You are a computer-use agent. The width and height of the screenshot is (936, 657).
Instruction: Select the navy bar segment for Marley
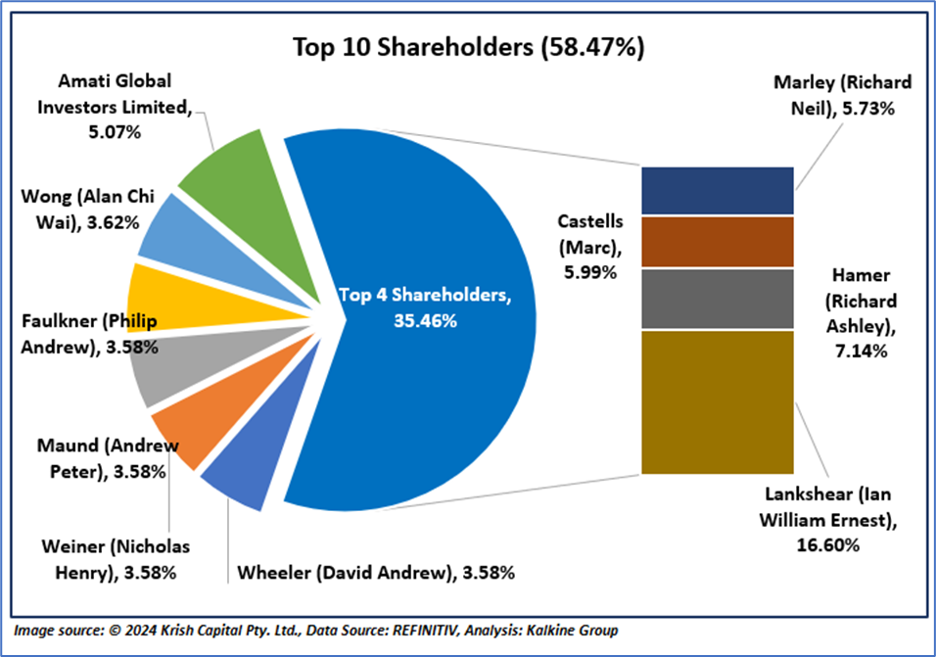[717, 191]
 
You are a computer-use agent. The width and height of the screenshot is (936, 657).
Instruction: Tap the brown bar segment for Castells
[717, 242]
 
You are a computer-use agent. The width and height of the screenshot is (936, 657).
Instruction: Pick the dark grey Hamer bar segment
[717, 299]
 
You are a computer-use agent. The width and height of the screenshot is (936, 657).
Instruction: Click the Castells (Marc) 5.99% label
[585, 249]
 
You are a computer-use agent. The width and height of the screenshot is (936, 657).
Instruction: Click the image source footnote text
[317, 630]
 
